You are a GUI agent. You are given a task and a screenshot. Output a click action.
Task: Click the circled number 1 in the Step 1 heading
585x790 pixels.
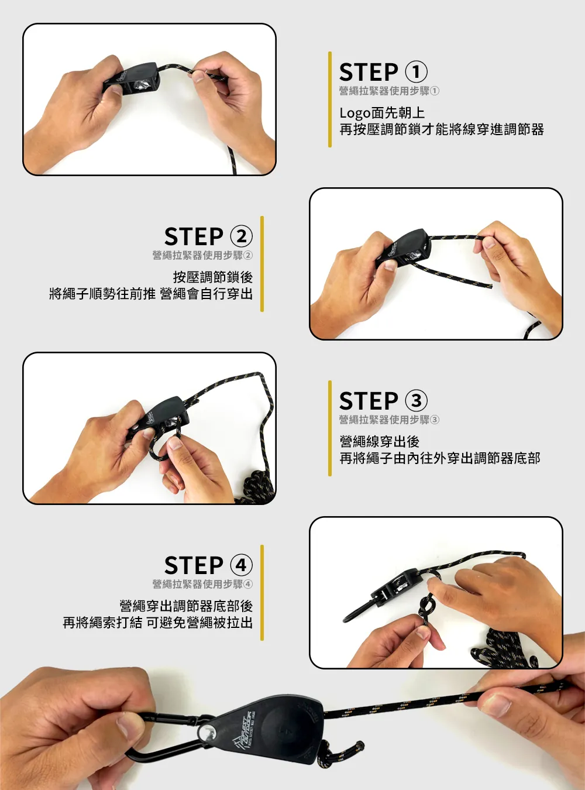[x=417, y=72]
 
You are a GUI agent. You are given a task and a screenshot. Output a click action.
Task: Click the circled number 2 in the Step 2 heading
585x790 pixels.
[x=242, y=236]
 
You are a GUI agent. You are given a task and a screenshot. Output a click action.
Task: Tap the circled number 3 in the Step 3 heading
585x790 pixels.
[x=417, y=401]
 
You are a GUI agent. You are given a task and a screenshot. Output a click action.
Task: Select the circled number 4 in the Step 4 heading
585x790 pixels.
[x=242, y=565]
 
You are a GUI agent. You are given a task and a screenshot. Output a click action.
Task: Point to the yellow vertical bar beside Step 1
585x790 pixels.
[x=330, y=99]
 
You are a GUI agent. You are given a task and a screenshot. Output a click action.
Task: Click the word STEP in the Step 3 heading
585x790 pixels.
[x=369, y=401]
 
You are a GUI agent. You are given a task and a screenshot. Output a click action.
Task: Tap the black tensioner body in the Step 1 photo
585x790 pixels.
[x=130, y=79]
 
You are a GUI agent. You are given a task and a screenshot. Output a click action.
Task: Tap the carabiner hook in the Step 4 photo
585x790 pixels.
[x=360, y=612]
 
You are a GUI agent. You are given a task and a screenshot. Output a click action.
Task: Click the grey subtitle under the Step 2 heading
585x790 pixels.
[x=202, y=255]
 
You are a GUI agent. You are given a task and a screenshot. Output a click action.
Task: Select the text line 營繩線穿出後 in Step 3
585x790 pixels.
[x=380, y=442]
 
